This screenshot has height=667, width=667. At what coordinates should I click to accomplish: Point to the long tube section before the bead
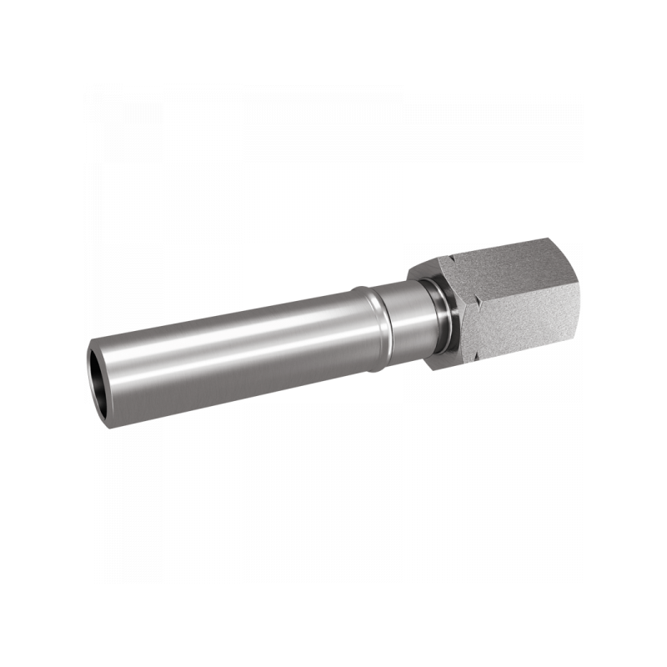pos(233,342)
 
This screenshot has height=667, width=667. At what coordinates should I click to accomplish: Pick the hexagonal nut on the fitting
pos(509,300)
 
